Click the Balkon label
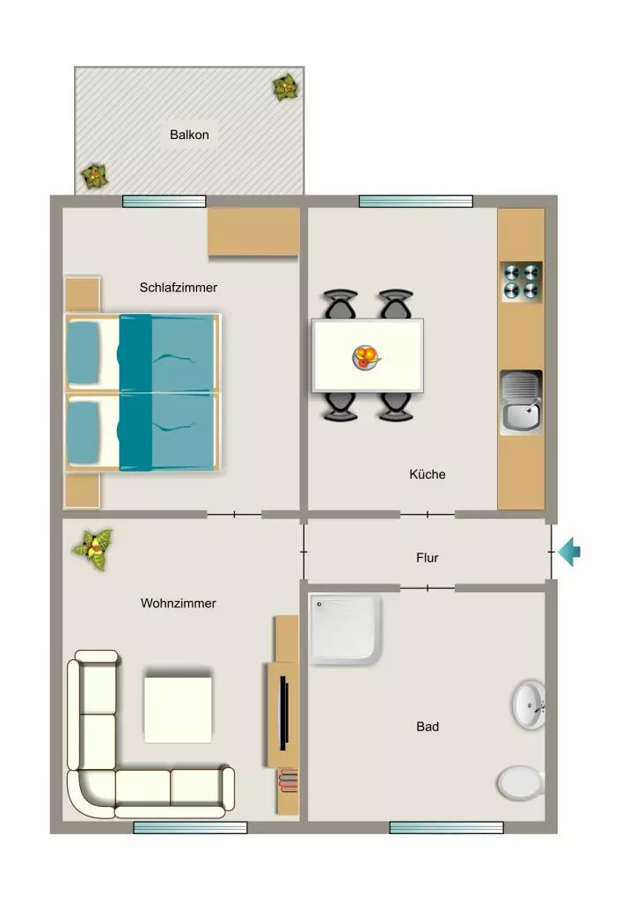(x=189, y=135)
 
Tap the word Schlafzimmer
(x=178, y=288)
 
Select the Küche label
(x=428, y=474)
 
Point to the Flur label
(x=428, y=557)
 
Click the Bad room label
(x=428, y=726)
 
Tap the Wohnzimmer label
(x=178, y=603)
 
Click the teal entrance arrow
(x=569, y=552)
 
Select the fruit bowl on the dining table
(x=367, y=357)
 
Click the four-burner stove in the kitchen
(x=522, y=282)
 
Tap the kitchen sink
(x=521, y=401)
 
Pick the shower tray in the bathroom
(x=346, y=629)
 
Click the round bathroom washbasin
(x=529, y=705)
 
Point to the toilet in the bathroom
(x=521, y=783)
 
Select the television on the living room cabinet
(x=283, y=713)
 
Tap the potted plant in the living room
(x=93, y=549)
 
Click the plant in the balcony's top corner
(x=286, y=88)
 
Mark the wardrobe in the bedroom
(x=253, y=231)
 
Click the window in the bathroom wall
(x=446, y=827)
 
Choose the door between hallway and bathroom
(x=428, y=588)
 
